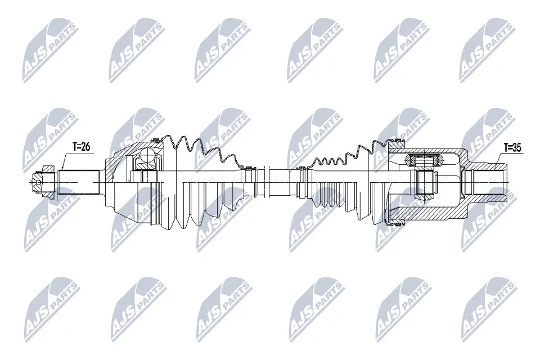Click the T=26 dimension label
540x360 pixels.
tap(81, 147)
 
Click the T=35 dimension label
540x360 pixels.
tap(512, 148)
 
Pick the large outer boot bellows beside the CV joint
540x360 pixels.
tap(203, 183)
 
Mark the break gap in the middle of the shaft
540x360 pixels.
tap(265, 182)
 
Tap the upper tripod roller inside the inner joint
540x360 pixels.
tap(424, 160)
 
